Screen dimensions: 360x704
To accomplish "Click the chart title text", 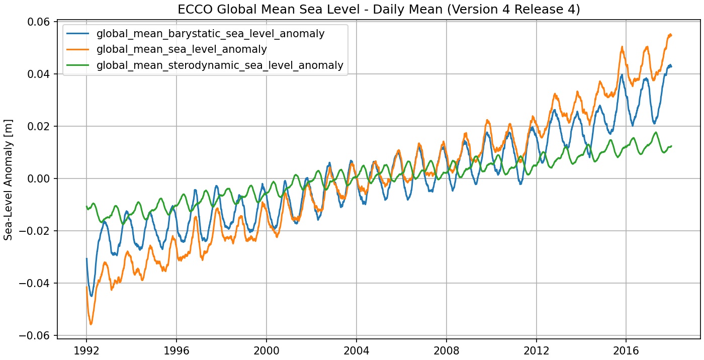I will (x=378, y=10).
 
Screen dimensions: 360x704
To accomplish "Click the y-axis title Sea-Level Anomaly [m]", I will (x=9, y=179).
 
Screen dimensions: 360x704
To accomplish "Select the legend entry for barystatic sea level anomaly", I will (x=210, y=34).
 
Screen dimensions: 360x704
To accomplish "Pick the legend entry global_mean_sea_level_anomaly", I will (x=182, y=50).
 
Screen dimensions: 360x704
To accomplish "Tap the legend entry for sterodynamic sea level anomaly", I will (x=220, y=65).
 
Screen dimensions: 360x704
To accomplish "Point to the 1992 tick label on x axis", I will (x=86, y=350).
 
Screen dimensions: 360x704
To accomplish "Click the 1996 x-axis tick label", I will (x=177, y=350).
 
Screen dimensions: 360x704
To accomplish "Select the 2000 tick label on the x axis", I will (x=267, y=350).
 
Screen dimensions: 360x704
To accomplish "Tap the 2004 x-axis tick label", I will (x=357, y=350).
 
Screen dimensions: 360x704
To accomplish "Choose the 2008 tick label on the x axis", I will (x=447, y=350).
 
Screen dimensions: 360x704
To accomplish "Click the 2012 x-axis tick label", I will (x=537, y=350).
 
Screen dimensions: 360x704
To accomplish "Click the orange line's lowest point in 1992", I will (x=91, y=324).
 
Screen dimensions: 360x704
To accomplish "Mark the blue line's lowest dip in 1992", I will (x=92, y=296).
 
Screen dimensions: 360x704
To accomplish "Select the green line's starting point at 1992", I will (x=86, y=206).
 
